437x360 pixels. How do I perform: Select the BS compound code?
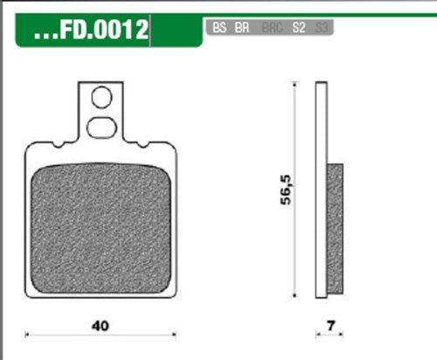pyautogui.click(x=218, y=28)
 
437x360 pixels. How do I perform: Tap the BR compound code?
pyautogui.click(x=242, y=28)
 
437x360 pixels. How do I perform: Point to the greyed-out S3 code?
pyautogui.click(x=322, y=28)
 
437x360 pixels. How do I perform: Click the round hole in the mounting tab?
pyautogui.click(x=101, y=97)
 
